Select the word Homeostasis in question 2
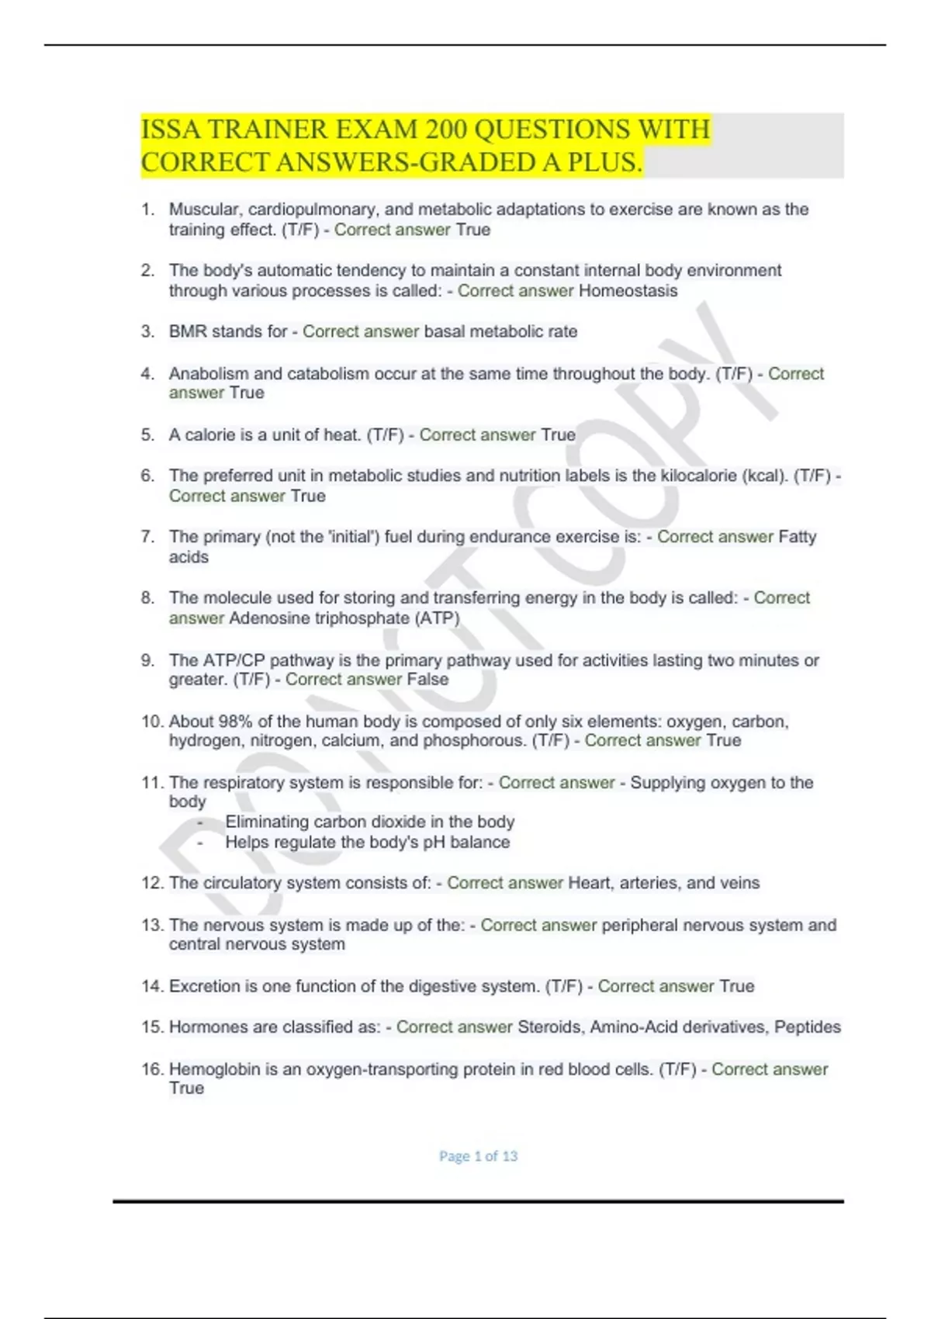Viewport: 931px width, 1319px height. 628,291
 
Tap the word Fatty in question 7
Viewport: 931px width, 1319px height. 797,537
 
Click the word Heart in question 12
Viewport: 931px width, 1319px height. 590,883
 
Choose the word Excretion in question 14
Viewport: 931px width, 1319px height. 205,987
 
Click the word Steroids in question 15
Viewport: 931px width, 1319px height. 551,1027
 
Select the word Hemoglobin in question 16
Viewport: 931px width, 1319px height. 215,1069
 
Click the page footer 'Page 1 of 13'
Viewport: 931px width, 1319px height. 478,1156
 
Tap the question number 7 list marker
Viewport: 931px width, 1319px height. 147,537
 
